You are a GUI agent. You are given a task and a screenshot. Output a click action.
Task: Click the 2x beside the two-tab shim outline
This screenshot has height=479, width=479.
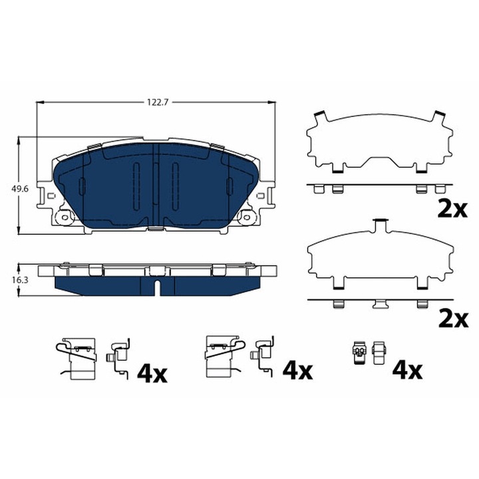coord(454,210)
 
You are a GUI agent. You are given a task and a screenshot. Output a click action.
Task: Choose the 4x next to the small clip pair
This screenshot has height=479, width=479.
coord(406,370)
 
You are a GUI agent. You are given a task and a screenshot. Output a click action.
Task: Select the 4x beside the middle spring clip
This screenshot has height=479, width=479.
coord(297,370)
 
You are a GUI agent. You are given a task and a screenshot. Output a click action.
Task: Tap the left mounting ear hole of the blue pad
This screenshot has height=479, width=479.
coord(65,216)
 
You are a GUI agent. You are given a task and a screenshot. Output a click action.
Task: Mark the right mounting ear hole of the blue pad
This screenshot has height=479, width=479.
coord(249,216)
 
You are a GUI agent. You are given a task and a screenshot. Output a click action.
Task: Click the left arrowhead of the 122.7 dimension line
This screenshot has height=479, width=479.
coord(39,102)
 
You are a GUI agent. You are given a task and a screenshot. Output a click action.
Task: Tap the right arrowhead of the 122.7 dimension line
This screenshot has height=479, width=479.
coord(271,102)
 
